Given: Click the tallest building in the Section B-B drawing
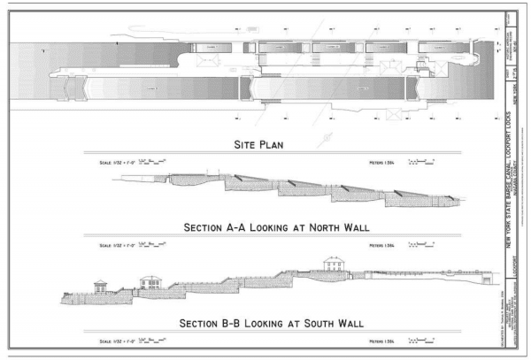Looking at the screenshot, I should pyautogui.click(x=335, y=264).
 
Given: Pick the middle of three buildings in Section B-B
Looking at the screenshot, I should pyautogui.click(x=151, y=281).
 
